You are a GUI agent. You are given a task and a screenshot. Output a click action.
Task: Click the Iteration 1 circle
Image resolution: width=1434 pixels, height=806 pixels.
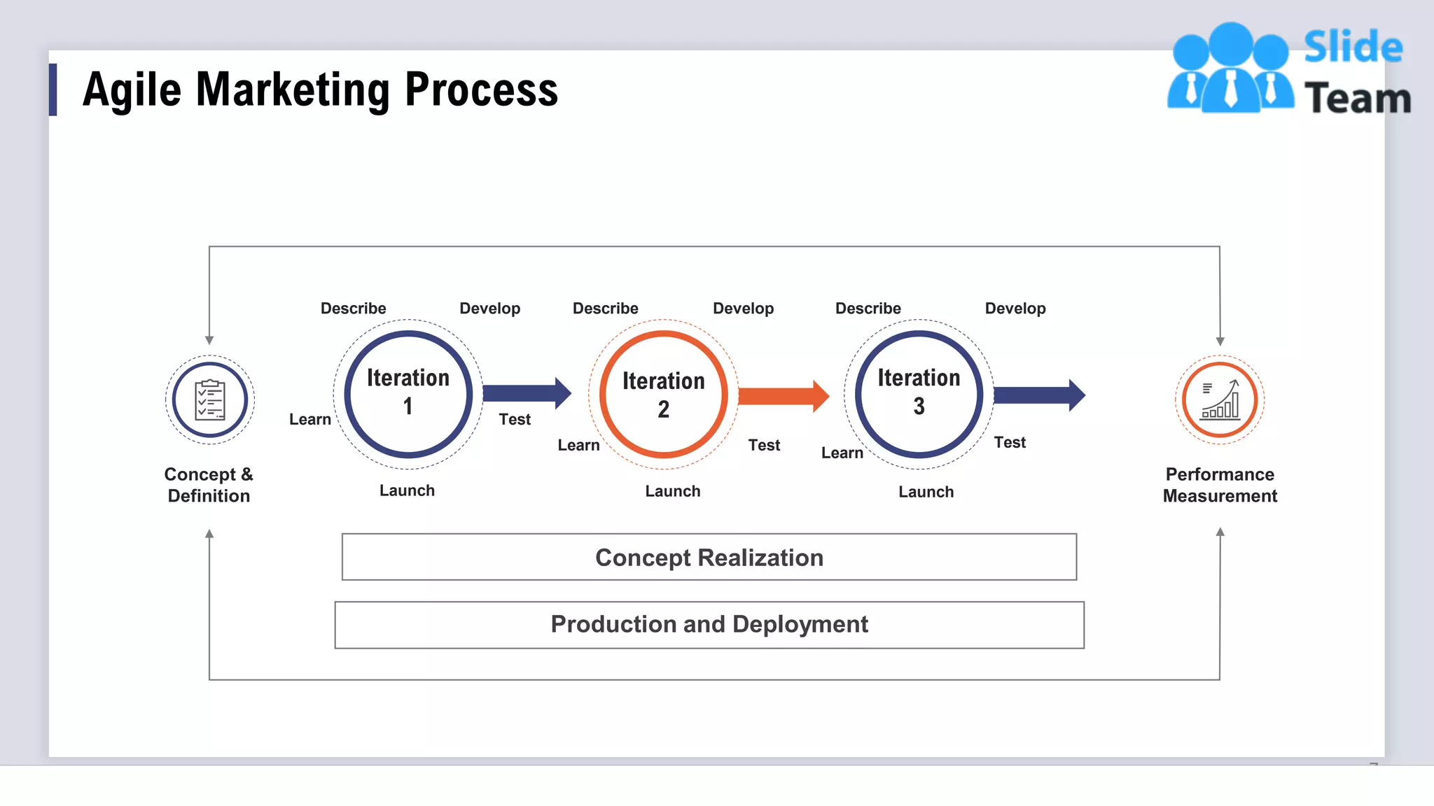tap(408, 394)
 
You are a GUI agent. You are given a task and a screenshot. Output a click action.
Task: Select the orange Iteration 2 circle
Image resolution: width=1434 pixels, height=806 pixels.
tap(663, 395)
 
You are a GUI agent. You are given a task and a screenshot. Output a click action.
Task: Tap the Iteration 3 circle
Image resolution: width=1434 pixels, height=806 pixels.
tap(919, 394)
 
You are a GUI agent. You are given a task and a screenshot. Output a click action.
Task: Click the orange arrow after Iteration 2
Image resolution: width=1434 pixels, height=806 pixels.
tap(783, 397)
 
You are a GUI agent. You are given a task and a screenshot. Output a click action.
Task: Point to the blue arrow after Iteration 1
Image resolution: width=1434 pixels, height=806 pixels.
tap(527, 393)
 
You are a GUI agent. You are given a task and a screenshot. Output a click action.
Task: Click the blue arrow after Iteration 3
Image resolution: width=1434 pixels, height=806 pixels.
tap(1039, 395)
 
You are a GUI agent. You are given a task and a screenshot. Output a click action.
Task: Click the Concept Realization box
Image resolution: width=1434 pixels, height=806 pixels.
tap(709, 558)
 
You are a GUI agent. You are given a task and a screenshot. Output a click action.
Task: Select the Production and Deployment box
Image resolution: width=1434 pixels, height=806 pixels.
tap(709, 624)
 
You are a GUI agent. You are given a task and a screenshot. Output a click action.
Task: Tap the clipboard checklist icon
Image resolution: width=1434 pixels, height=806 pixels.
tap(210, 400)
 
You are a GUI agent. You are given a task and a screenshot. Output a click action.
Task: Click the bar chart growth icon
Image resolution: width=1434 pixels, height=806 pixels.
tap(1220, 400)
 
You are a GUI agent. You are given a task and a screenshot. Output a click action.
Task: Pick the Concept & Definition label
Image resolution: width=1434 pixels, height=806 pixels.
tap(209, 485)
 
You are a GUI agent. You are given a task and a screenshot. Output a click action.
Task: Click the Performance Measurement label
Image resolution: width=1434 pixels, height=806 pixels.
tap(1220, 485)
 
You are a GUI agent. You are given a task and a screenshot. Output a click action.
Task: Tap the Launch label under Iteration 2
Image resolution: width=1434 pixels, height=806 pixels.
tap(672, 491)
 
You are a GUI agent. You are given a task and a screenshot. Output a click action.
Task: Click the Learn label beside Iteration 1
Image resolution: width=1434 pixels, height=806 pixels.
tap(309, 419)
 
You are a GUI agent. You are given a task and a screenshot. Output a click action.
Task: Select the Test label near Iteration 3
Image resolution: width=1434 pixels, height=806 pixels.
tap(1009, 442)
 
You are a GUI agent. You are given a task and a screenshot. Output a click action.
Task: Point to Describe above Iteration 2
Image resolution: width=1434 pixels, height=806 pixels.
tap(605, 309)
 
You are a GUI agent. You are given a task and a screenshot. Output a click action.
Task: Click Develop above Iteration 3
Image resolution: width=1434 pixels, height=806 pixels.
tap(1015, 309)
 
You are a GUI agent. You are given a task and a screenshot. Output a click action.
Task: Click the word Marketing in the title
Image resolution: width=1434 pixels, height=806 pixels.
tap(293, 90)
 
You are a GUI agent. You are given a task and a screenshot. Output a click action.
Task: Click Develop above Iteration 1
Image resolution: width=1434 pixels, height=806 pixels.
tap(489, 309)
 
